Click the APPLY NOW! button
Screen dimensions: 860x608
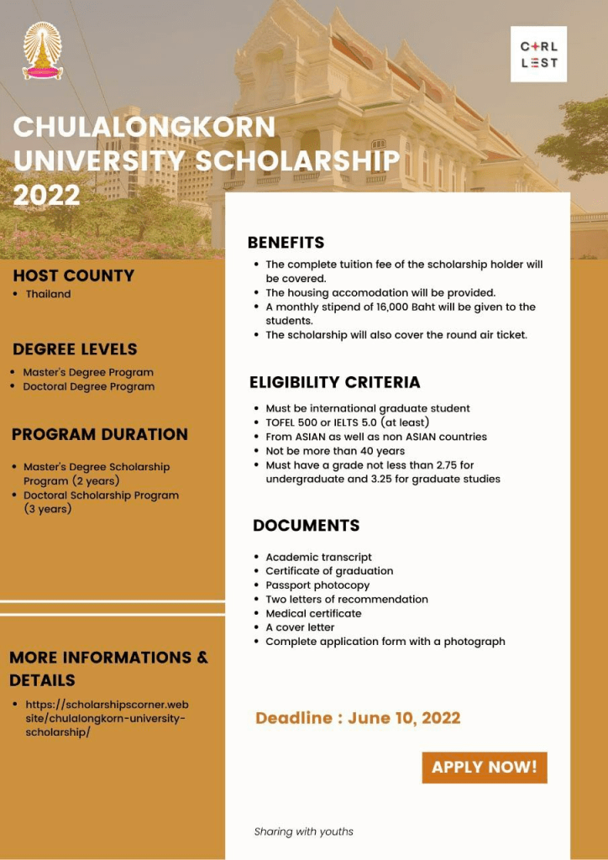click(485, 767)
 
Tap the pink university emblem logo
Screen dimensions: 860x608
click(42, 51)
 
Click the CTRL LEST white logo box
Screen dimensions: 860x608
click(538, 54)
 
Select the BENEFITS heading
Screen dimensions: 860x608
click(286, 243)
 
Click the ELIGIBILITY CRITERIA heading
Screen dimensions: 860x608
click(334, 382)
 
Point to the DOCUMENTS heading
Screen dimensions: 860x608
click(306, 526)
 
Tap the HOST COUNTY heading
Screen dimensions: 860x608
click(74, 275)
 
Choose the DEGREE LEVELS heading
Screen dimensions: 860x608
click(75, 349)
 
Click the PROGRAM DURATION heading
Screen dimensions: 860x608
click(100, 434)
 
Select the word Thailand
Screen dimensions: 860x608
click(48, 294)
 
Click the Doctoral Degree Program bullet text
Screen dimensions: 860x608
click(88, 386)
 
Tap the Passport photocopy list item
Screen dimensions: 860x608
click(317, 585)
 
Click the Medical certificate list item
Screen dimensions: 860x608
click(313, 613)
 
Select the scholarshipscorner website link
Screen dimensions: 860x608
click(107, 718)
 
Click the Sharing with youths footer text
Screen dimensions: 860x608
click(304, 831)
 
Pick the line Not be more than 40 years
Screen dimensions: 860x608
click(335, 451)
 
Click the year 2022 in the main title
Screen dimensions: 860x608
click(47, 195)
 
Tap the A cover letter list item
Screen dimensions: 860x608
click(300, 627)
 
